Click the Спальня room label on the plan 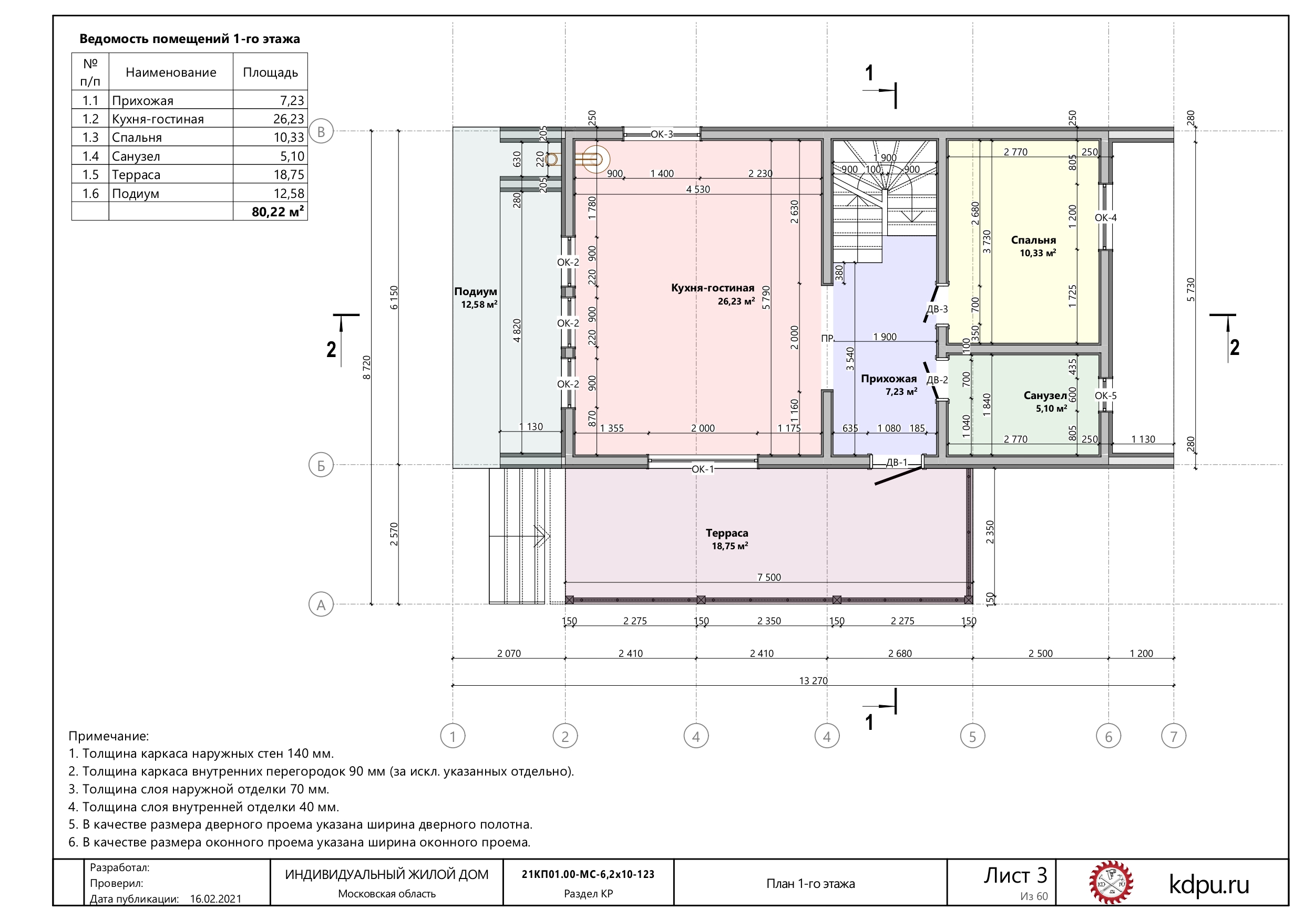coord(1033,240)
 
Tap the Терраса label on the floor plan coord(727,533)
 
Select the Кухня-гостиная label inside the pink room coord(713,288)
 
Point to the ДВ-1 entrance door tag coord(897,463)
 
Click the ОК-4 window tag coord(1105,217)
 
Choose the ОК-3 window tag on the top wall coord(662,134)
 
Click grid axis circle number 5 coord(972,737)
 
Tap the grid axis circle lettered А coord(321,604)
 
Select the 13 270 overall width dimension coord(813,681)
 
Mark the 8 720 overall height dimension coord(367,367)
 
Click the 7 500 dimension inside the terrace coord(769,577)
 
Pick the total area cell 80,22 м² coord(278,212)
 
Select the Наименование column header coord(171,72)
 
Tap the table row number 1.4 coord(90,156)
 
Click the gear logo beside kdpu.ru coord(1111,883)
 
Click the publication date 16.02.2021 coord(215,899)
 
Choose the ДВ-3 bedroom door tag coord(937,309)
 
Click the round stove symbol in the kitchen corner coord(594,160)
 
